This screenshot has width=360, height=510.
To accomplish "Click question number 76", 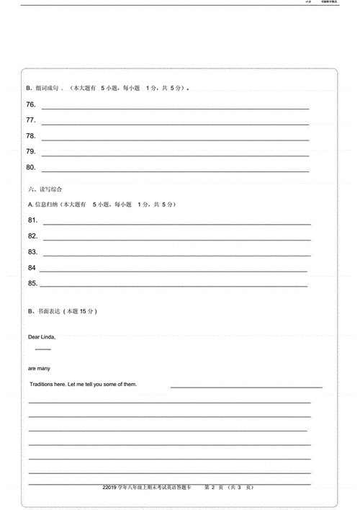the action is coord(31,104).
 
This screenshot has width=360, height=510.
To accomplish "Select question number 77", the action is coord(31,120).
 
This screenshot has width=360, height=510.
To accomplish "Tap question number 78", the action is coord(31,135).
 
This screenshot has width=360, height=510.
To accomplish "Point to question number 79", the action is coord(31,151).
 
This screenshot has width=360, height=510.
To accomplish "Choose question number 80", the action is coord(31,167).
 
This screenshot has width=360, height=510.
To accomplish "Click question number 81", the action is coord(32,220).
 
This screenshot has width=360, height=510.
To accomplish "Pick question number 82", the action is coord(32,236).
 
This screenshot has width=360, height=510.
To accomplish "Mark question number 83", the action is coord(32,251).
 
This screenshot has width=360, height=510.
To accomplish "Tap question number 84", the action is coord(32,267).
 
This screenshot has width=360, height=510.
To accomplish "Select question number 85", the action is coord(32,283).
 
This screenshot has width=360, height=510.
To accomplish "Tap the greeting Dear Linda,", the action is coord(42,336).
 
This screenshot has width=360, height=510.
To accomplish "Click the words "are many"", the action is coord(39,368).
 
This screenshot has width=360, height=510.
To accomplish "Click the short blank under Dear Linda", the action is coord(43,349).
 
